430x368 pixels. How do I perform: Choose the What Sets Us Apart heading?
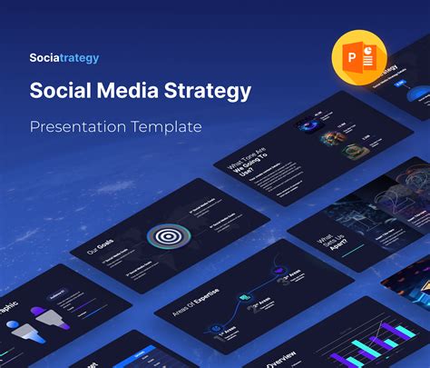[x=328, y=238]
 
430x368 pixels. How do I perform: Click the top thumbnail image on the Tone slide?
[x=304, y=127]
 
